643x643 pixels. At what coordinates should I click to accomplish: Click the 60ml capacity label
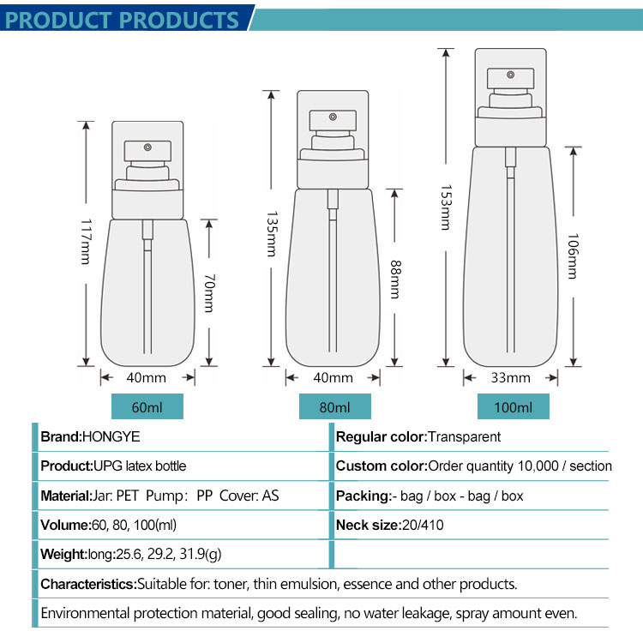(147, 407)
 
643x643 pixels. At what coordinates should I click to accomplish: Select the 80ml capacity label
(334, 407)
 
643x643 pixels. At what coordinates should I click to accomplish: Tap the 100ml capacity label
(513, 407)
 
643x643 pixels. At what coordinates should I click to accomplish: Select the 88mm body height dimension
(395, 279)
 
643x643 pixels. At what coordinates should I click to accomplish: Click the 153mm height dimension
(445, 207)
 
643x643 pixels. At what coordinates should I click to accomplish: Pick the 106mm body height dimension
(572, 255)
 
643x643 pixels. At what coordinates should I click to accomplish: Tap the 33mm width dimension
(512, 377)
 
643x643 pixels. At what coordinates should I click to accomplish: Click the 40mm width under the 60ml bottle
(147, 377)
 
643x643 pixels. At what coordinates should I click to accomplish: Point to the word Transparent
(464, 437)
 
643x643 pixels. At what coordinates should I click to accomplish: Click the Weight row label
(63, 554)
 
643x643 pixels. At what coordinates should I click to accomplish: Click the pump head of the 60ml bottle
(147, 151)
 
